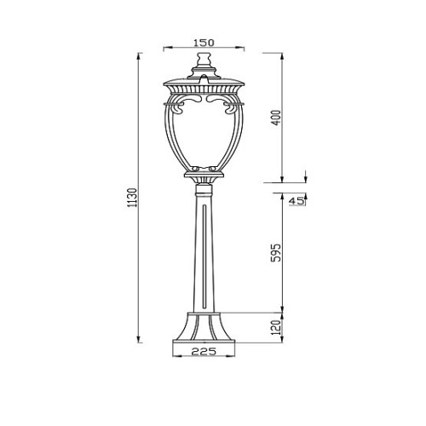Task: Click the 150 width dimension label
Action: pyautogui.click(x=204, y=43)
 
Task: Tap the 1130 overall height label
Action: pyautogui.click(x=133, y=198)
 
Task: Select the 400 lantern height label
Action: pyautogui.click(x=276, y=118)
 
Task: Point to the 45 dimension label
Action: pyautogui.click(x=296, y=201)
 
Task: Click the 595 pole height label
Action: pyautogui.click(x=276, y=252)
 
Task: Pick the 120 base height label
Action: pyautogui.click(x=276, y=327)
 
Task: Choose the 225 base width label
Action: pyautogui.click(x=204, y=352)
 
